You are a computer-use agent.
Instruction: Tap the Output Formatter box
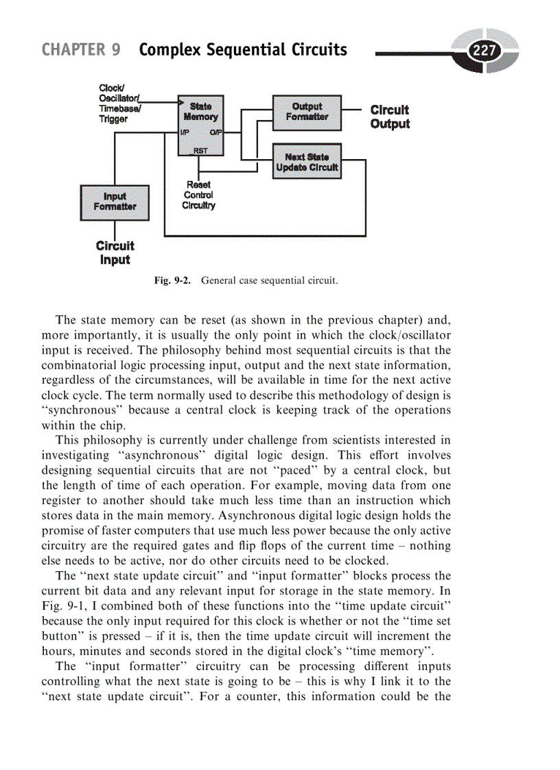[307, 112]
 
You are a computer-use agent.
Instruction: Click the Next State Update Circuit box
[307, 162]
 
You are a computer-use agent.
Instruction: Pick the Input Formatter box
[115, 202]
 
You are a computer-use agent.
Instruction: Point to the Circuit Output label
[390, 117]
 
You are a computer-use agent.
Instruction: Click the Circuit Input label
[115, 253]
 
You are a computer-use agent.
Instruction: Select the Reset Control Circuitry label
[199, 195]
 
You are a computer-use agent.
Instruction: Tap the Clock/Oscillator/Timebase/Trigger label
[121, 103]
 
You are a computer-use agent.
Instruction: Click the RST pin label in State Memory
[200, 150]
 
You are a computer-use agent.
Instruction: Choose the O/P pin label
[215, 132]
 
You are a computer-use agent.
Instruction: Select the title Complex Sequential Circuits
[243, 50]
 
